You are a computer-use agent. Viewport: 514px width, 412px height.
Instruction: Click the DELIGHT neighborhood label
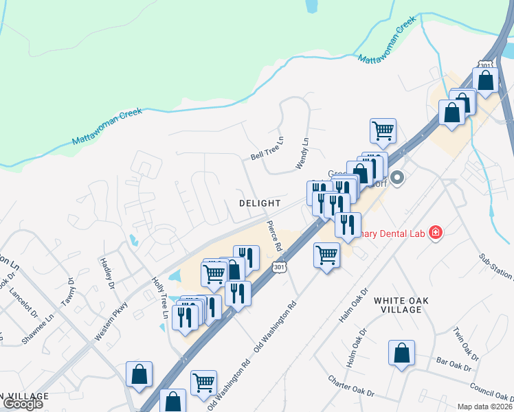pos(260,203)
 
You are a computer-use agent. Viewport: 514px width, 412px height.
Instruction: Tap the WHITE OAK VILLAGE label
pos(397,305)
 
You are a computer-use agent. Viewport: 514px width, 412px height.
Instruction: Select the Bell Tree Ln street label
pos(267,151)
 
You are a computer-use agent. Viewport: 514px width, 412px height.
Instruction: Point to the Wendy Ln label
pos(302,153)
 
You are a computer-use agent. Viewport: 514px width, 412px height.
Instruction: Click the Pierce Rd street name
pos(275,235)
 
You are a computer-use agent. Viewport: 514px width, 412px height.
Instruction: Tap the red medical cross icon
pos(434,233)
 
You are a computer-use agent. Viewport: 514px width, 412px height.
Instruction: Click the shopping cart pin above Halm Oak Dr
pos(326,255)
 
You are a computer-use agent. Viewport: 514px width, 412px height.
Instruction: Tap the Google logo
pos(23,404)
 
